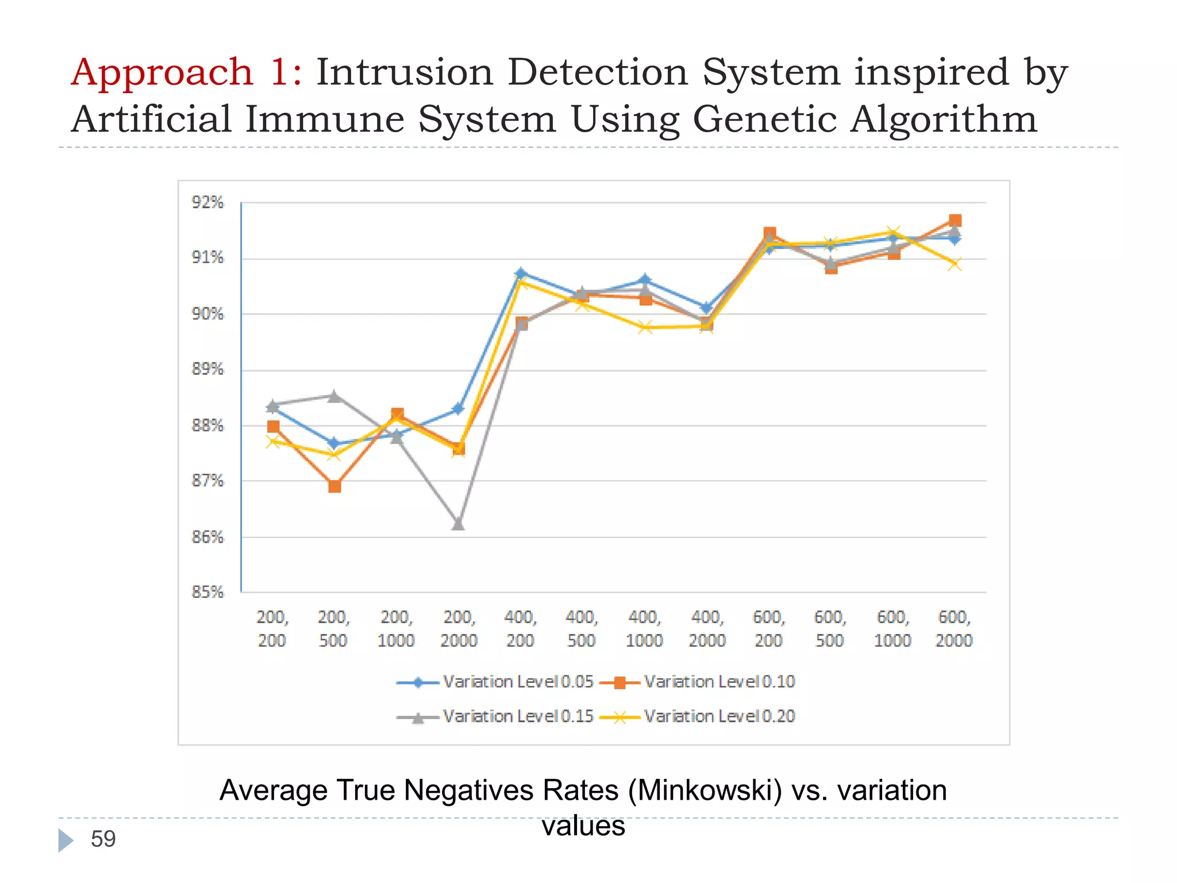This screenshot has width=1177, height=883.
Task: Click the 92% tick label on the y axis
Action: coord(207,202)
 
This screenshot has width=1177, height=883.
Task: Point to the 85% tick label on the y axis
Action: coord(207,592)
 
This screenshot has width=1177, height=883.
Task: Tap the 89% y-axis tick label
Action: coord(207,369)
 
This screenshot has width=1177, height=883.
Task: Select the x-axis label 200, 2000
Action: coord(459,628)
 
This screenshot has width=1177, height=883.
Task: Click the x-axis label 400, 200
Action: coord(520,628)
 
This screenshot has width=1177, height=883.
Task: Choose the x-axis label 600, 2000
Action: coord(954,628)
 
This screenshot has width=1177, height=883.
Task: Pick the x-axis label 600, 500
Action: coord(830,628)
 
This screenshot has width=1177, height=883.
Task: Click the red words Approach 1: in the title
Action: coord(186,73)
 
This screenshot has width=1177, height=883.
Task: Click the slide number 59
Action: coord(103,839)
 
